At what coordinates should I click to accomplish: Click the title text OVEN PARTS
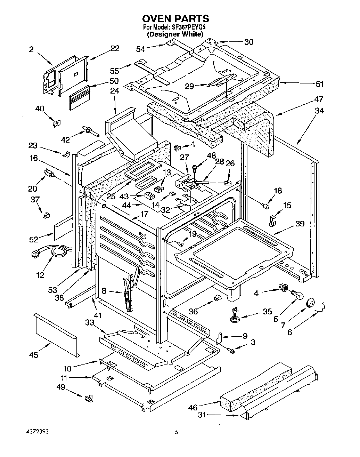click(x=175, y=19)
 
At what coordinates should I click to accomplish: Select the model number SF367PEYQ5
click(x=187, y=27)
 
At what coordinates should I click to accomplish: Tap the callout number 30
click(x=249, y=42)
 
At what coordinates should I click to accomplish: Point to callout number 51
click(x=319, y=84)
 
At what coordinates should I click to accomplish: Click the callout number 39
click(x=300, y=224)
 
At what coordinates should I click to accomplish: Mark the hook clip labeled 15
click(x=272, y=221)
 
